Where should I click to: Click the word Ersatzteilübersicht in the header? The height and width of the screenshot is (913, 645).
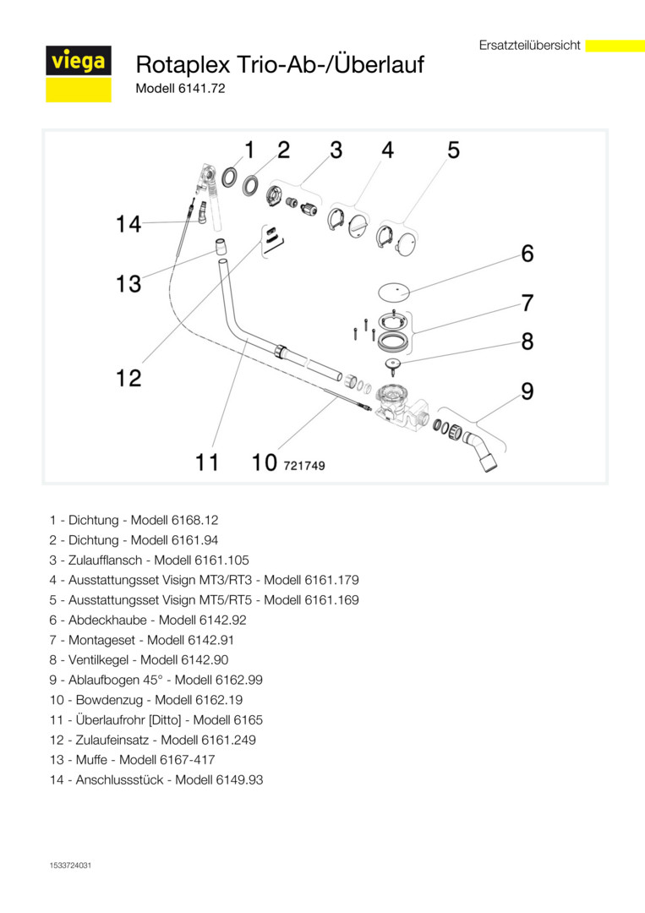pos(529,46)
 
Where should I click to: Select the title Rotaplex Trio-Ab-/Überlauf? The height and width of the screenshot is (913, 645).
pos(280,64)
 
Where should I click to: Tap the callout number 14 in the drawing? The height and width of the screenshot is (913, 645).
pos(128,225)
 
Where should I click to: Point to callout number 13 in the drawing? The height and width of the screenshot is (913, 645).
pos(128,284)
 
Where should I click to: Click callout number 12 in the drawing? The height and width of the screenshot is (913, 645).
pos(128,377)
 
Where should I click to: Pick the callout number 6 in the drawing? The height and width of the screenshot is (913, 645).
pos(527,253)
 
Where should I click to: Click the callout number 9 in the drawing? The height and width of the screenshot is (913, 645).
pos(527,391)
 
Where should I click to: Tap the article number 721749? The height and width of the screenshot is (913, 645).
pos(304,465)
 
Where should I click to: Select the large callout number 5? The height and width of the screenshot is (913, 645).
pos(453,150)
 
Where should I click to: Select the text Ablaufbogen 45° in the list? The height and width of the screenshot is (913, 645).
pos(112,681)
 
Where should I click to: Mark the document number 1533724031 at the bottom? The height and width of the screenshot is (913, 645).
pos(70,866)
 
